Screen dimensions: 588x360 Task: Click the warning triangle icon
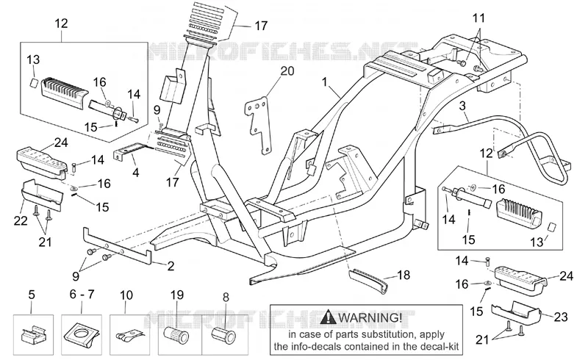pos(329,317)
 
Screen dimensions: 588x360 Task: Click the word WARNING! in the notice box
pos(370,317)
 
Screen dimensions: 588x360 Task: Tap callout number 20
pos(287,71)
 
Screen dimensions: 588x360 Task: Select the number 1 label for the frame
pos(324,82)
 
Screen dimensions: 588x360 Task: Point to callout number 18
pos(403,275)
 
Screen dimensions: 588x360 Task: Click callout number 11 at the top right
pos(478,18)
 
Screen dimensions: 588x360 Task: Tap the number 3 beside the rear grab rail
pos(462,106)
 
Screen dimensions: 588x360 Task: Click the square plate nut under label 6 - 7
pos(82,334)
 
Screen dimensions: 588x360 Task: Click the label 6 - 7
pos(82,295)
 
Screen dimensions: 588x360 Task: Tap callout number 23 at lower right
pos(561,317)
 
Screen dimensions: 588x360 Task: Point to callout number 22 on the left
pos(21,220)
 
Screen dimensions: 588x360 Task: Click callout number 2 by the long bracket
pos(171,266)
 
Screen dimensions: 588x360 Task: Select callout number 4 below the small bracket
pos(136,173)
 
